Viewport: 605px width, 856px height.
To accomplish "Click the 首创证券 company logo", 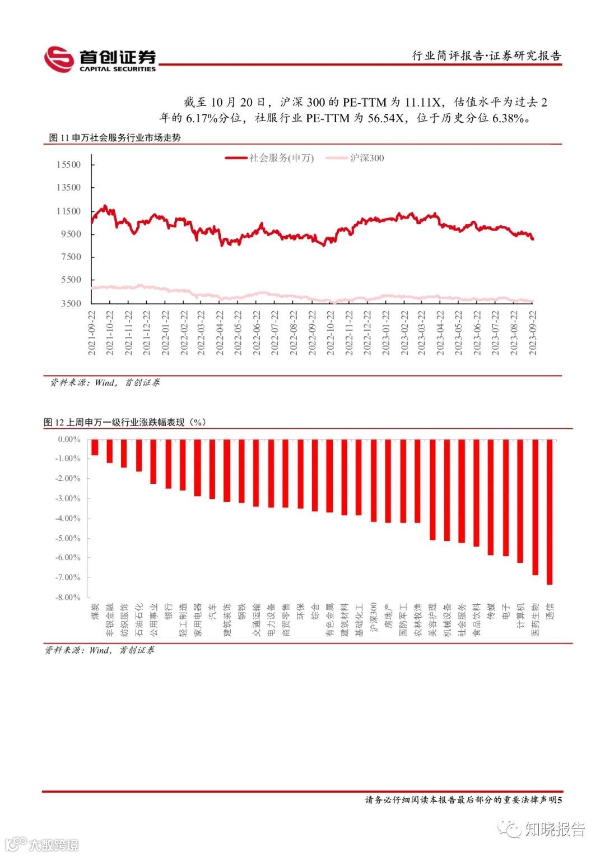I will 100,59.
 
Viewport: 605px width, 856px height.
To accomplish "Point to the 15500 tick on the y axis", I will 68,164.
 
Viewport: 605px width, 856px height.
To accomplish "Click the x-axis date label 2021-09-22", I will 92,333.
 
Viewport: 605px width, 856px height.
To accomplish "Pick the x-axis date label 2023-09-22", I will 533,333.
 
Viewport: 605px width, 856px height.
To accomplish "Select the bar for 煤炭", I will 95,447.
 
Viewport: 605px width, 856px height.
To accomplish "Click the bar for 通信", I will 550,512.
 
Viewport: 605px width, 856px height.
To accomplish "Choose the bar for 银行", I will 168,464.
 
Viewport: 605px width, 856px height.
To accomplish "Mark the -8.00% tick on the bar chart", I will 68,597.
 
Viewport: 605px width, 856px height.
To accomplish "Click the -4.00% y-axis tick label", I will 68,519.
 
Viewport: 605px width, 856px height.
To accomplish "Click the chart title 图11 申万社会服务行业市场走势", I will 115,137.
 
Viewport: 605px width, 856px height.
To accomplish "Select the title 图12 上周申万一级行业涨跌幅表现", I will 124,422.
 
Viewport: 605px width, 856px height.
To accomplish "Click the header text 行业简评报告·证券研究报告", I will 486,55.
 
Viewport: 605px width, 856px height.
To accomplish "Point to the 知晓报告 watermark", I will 554,829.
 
